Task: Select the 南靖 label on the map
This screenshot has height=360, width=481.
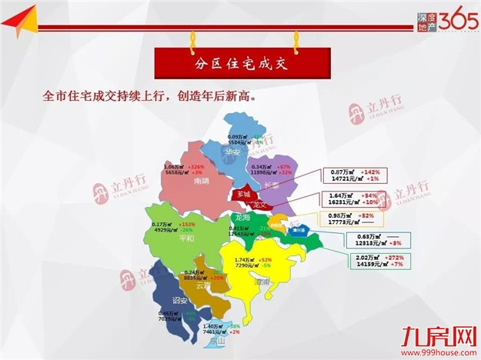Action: (202, 182)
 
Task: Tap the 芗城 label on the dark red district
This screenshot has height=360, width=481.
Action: (244, 194)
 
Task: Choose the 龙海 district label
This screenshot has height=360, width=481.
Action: (242, 218)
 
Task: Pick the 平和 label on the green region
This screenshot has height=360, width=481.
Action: (186, 238)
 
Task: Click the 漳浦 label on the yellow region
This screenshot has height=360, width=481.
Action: (262, 282)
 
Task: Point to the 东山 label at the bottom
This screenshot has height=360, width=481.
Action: (218, 340)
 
